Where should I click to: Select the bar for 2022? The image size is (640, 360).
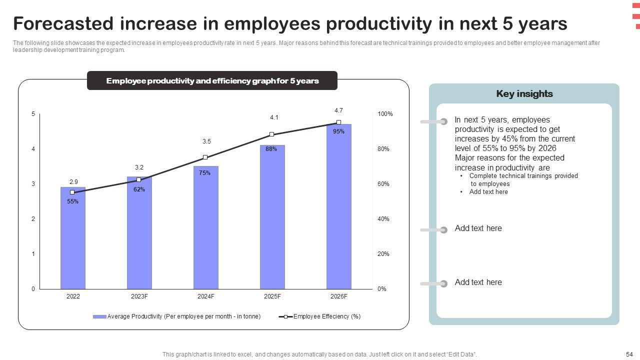73,240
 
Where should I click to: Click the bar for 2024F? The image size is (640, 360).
205,230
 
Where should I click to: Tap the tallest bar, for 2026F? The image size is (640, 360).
338,210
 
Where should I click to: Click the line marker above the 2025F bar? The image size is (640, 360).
271,134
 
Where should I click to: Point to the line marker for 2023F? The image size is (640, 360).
139,180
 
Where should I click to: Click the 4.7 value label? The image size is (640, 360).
338,110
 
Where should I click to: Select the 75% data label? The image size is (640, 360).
204,173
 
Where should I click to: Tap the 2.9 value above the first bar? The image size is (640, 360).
73,182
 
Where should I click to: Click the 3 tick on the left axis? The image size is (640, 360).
33,184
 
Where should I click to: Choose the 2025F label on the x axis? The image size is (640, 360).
272,296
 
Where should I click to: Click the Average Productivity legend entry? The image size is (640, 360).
177,316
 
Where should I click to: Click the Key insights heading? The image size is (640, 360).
524,94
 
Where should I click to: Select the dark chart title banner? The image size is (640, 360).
212,81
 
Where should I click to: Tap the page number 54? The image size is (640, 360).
629,354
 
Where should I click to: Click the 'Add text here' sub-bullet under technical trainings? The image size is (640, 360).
488,192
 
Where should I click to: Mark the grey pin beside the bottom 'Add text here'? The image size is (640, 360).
443,284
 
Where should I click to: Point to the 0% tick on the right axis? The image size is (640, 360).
381,289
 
